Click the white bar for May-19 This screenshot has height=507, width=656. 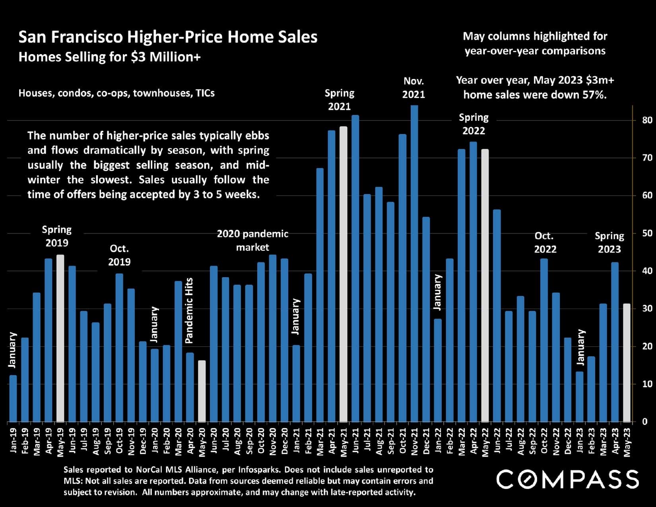coord(60,338)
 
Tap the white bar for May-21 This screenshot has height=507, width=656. coord(344,274)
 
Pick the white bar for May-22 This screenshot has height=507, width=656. coord(485,286)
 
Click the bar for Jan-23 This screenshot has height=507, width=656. coord(580,396)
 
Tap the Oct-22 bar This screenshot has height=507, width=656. coord(544,340)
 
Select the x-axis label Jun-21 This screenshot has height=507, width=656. coord(356,441)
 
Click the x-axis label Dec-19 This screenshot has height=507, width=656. coord(143,441)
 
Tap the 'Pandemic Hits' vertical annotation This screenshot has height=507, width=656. coord(189,311)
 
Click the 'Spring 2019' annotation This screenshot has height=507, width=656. coord(57,236)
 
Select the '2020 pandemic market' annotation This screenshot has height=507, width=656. coord(252,240)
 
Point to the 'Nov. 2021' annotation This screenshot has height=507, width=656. coord(413,87)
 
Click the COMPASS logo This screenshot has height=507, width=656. coord(567,479)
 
